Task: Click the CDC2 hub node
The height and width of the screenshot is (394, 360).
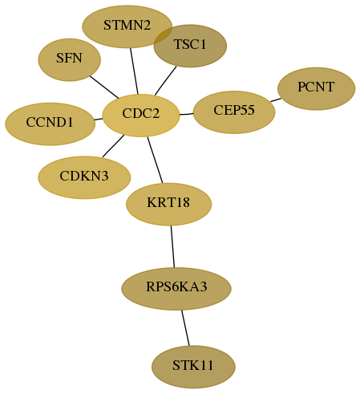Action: pyautogui.click(x=141, y=116)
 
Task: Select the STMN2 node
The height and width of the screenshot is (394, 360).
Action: pyautogui.click(x=127, y=26)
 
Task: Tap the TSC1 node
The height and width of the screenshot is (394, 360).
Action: pyautogui.click(x=190, y=46)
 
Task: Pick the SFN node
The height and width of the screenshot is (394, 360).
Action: pyautogui.click(x=70, y=59)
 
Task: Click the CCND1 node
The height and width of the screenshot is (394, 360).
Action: pyautogui.click(x=50, y=124)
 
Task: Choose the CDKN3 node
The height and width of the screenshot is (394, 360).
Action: pyautogui.click(x=84, y=177)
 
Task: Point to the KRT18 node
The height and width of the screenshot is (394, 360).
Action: pyautogui.click(x=168, y=204)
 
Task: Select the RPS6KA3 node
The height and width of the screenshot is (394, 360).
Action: pyautogui.click(x=176, y=289)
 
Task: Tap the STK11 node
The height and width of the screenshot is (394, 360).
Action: pyautogui.click(x=193, y=367)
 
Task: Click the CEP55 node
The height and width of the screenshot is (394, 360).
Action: pyautogui.click(x=234, y=112)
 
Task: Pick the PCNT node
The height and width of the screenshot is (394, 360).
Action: pyautogui.click(x=316, y=88)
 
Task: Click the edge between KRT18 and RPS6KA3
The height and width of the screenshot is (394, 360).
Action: pyautogui.click(x=172, y=246)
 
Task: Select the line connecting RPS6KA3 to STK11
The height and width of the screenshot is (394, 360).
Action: pyautogui.click(x=185, y=327)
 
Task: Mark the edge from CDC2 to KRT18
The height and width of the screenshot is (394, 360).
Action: pyautogui.click(x=155, y=160)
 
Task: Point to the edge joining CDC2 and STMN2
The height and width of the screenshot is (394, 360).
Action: pyautogui.click(x=134, y=71)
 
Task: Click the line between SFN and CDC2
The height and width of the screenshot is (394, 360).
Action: pyautogui.click(x=104, y=87)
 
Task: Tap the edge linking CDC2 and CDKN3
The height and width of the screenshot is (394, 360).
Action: pyautogui.click(x=113, y=146)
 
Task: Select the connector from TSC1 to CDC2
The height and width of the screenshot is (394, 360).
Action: pyautogui.click(x=165, y=81)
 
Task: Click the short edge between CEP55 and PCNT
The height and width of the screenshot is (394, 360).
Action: pyautogui.click(x=276, y=100)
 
